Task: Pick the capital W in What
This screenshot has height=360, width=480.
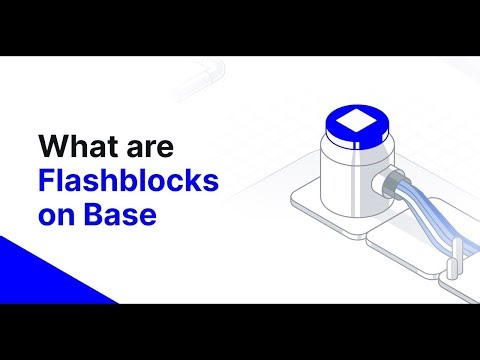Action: tap(52, 148)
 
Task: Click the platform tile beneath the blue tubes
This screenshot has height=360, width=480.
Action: tap(400, 245)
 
